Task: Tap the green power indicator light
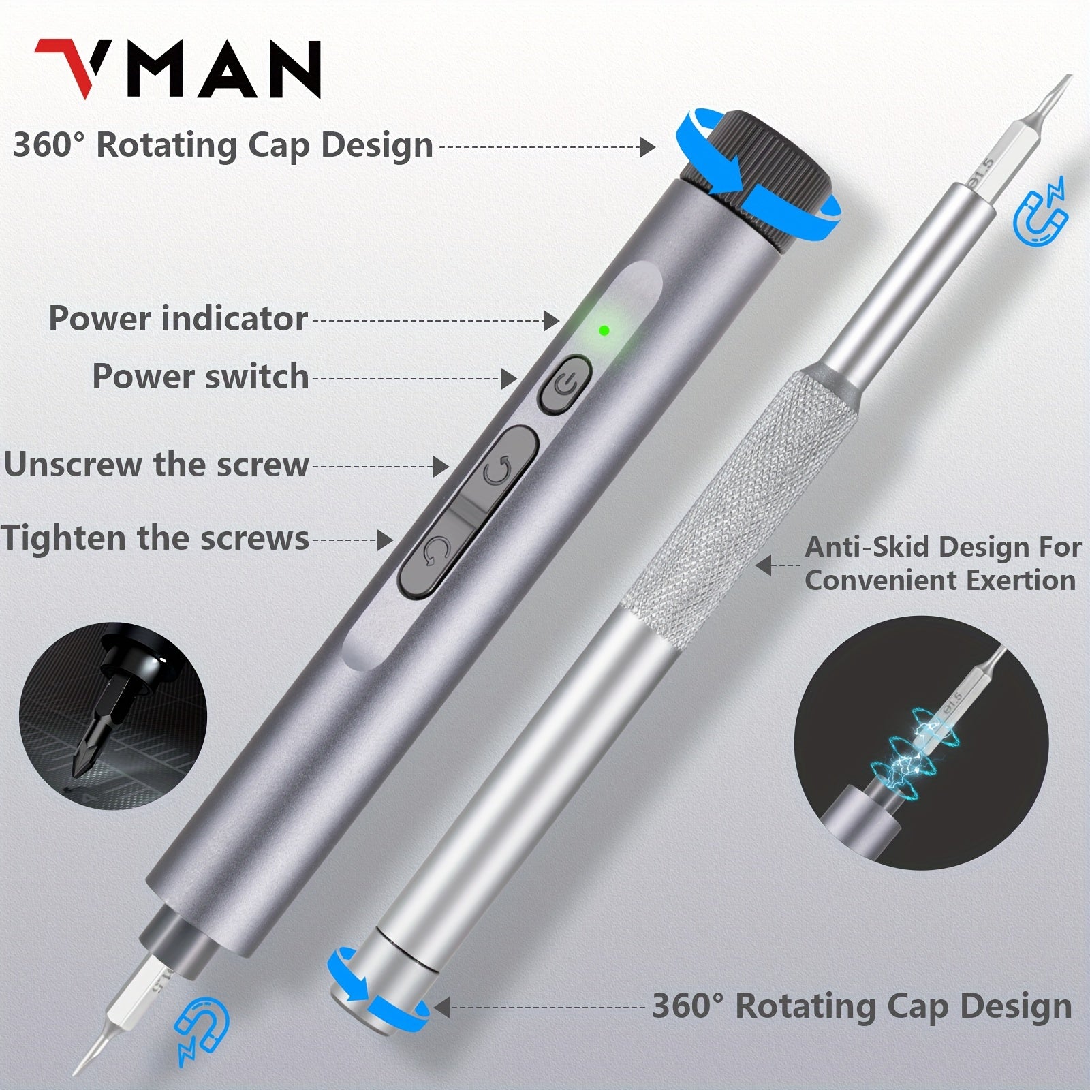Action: [604, 330]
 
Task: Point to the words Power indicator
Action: [178, 319]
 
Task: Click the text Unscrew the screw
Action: [157, 465]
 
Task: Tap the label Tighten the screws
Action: [155, 539]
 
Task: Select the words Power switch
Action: [200, 377]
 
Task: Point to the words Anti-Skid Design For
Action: [943, 547]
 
